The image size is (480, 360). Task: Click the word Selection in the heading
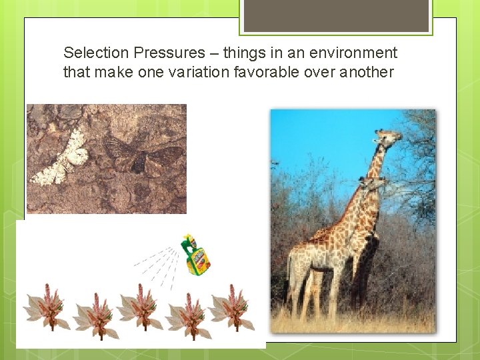[x=92, y=53]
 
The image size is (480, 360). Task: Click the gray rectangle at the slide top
[x=335, y=15]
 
